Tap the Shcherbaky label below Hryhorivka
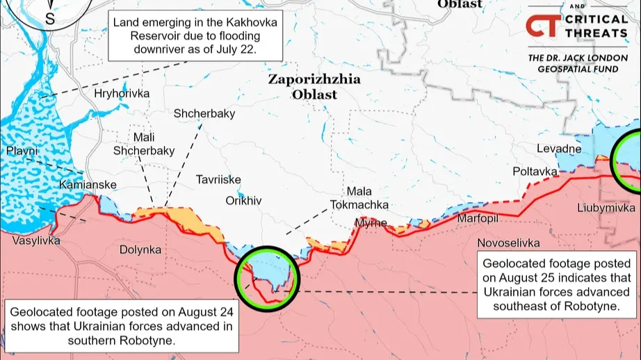(x=204, y=113)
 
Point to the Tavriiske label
(x=218, y=179)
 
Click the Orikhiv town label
(x=243, y=200)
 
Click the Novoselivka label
(x=508, y=243)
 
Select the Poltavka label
(x=535, y=171)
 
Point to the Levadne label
(x=559, y=149)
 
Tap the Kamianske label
(x=88, y=185)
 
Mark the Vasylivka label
(x=36, y=240)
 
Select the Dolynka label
(x=140, y=249)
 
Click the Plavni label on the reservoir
(x=23, y=151)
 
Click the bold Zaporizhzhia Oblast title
(x=314, y=87)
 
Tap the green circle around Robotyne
(x=268, y=278)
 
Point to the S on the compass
(x=50, y=19)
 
